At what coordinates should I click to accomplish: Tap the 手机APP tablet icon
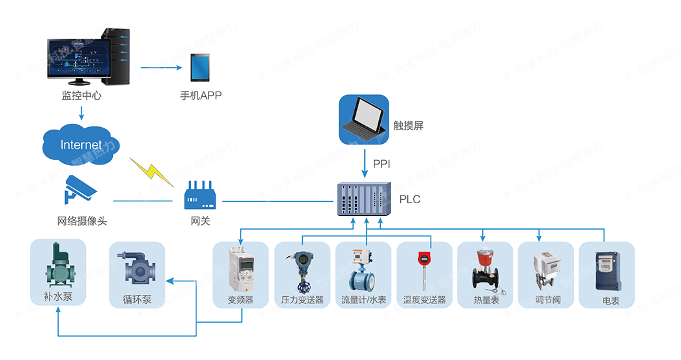point(200,67)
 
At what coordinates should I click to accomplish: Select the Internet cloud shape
point(81,145)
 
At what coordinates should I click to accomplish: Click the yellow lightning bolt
point(152,172)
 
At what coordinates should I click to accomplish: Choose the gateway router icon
point(200,195)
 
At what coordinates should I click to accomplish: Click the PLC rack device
point(364,199)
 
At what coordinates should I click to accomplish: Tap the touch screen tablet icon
point(363,119)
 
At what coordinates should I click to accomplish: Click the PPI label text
point(381,164)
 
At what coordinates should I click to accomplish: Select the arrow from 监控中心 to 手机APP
point(161,67)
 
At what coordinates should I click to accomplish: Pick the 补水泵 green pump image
point(58,265)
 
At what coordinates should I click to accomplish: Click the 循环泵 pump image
point(137,268)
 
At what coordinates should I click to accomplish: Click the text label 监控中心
point(81,95)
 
